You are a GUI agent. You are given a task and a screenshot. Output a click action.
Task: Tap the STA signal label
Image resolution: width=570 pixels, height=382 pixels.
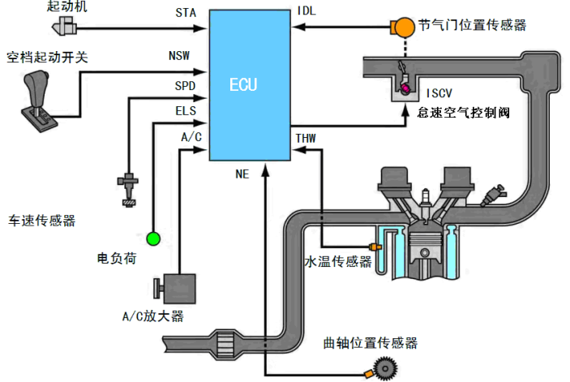point(185,14)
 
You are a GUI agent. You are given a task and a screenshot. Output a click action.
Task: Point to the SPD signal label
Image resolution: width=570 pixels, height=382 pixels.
point(185,85)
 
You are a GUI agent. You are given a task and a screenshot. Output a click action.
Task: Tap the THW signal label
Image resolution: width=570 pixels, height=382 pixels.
point(306,138)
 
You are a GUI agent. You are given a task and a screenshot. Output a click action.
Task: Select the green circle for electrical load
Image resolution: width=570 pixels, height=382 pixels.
point(153,238)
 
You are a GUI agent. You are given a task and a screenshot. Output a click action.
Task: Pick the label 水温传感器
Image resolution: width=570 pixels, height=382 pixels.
point(338,261)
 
